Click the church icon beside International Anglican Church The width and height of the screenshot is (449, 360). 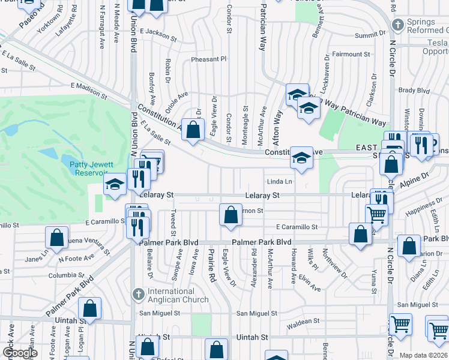click(138, 295)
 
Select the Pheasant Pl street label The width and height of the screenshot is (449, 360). click(209, 59)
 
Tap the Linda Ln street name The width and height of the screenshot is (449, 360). click(279, 181)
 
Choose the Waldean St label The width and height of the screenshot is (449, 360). click(303, 322)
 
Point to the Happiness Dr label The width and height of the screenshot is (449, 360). click(419, 213)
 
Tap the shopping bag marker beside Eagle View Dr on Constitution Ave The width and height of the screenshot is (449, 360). click(193, 129)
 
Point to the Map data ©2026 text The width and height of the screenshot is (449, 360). click(424, 355)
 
